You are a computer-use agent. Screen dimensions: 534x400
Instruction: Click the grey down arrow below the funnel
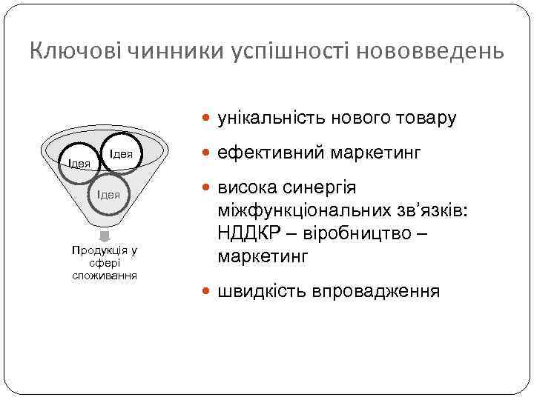[x=105, y=236]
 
